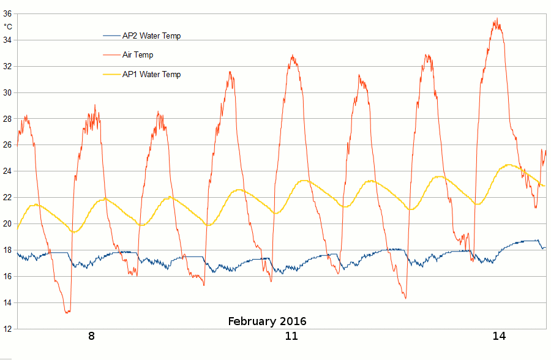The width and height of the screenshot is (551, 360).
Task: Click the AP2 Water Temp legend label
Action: [x=151, y=36]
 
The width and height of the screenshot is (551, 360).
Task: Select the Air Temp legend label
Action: [x=138, y=55]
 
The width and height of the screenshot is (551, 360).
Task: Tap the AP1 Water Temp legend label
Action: [x=151, y=75]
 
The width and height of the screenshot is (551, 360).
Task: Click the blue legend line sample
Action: [x=112, y=36]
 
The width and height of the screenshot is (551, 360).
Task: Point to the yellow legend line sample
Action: [x=112, y=75]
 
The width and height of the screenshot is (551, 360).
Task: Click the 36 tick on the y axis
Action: [x=8, y=13]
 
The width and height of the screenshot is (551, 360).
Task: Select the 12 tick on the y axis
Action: [x=8, y=329]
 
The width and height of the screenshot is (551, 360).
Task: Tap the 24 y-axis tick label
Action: [x=8, y=171]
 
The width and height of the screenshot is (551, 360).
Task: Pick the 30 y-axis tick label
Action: [x=8, y=92]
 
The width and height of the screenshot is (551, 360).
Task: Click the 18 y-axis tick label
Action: [x=8, y=250]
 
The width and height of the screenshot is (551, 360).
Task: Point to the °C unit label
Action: [x=8, y=27]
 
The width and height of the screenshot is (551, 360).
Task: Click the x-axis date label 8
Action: [x=91, y=336]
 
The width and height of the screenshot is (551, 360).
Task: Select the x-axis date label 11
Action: [x=291, y=336]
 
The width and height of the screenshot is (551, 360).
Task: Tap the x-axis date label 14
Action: [x=499, y=336]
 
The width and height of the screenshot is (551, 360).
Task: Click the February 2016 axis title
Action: [x=267, y=321]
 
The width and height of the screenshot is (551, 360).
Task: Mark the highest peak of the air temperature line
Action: [x=497, y=19]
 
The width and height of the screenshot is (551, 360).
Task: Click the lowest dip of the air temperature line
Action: [x=67, y=312]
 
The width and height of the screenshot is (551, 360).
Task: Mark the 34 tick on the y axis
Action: [x=8, y=40]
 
